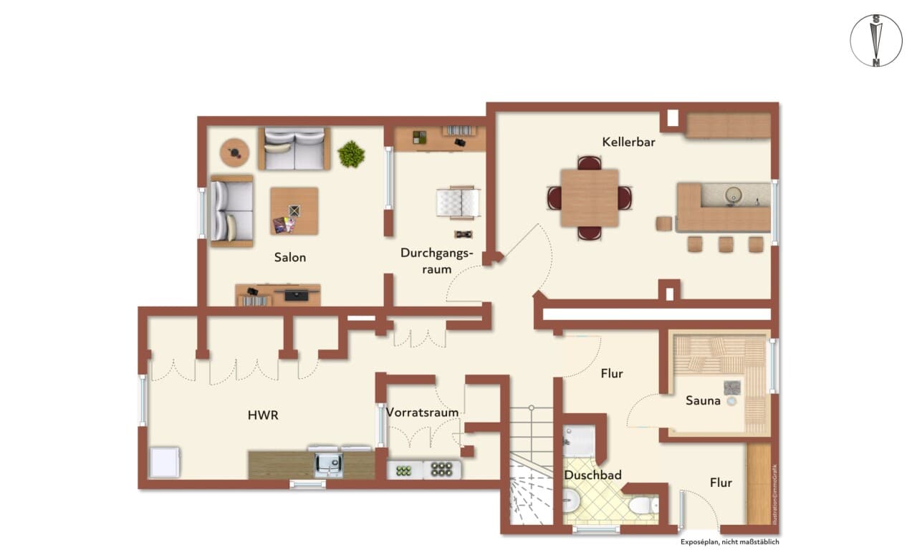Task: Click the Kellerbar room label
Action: pos(628,142)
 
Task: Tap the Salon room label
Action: pos(290,258)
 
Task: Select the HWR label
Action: pos(263,415)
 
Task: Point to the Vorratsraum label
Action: pos(422,412)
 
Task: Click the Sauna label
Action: pos(703,400)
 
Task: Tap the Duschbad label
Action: pos(592,475)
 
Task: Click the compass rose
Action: pos(876,41)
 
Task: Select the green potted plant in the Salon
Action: pos(351,154)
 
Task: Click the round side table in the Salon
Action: pos(234,153)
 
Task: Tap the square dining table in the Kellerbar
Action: pos(589,198)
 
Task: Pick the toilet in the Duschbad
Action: pos(644,506)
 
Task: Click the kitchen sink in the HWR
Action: pos(328,465)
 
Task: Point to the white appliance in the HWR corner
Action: pos(165,463)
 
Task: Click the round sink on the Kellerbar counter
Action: pos(732,195)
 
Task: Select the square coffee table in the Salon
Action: pos(294,211)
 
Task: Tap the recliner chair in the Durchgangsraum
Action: pos(458,203)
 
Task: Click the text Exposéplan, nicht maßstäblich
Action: pos(729,542)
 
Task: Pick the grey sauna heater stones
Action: pos(732,387)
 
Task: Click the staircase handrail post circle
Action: pos(531,407)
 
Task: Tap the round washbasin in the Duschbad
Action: pos(570,501)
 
